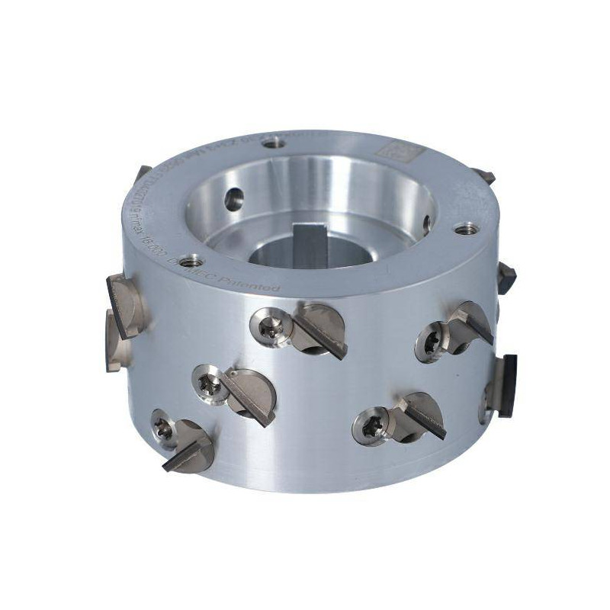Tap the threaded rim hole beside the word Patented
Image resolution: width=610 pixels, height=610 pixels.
click(192, 260)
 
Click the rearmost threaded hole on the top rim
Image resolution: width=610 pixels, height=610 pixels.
click(274, 142)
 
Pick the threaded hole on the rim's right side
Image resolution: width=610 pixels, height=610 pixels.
click(465, 228)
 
